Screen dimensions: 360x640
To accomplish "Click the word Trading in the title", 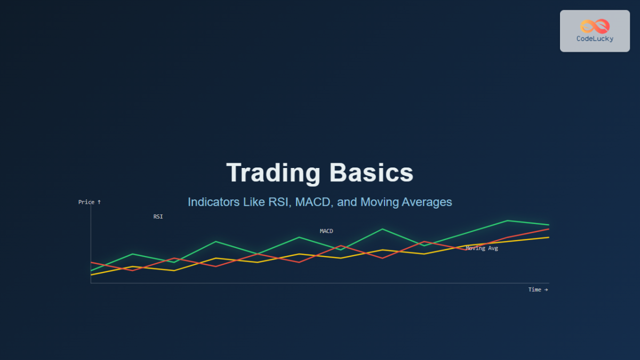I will (x=273, y=173).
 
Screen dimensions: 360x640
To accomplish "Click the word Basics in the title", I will (x=371, y=173).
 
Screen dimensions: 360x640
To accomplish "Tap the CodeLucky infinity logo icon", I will (x=594, y=26).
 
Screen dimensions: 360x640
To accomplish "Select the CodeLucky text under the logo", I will (x=594, y=38).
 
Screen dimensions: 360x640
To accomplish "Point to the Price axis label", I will (x=89, y=202).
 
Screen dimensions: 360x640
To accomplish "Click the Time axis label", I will (x=538, y=290).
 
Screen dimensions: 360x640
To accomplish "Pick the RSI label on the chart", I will (x=158, y=217).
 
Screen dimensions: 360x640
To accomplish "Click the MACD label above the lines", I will (x=326, y=231).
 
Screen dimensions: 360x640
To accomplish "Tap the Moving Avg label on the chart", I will (x=482, y=248).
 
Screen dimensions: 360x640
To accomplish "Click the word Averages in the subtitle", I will (x=427, y=202).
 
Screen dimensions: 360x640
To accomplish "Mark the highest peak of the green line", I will (x=507, y=220).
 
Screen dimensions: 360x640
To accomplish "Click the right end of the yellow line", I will (x=548, y=237).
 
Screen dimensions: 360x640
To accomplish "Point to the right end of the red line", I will (x=548, y=229).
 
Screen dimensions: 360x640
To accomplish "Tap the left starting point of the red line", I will (x=92, y=262).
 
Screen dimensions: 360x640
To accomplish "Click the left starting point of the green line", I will (x=92, y=270).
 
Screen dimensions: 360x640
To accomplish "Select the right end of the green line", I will (x=548, y=225).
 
